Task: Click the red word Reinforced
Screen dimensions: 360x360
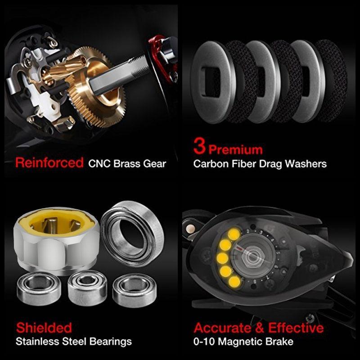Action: (x=49, y=162)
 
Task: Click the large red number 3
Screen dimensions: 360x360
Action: (x=200, y=148)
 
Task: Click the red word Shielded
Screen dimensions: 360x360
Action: (x=44, y=327)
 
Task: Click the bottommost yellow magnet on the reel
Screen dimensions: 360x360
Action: (x=234, y=282)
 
